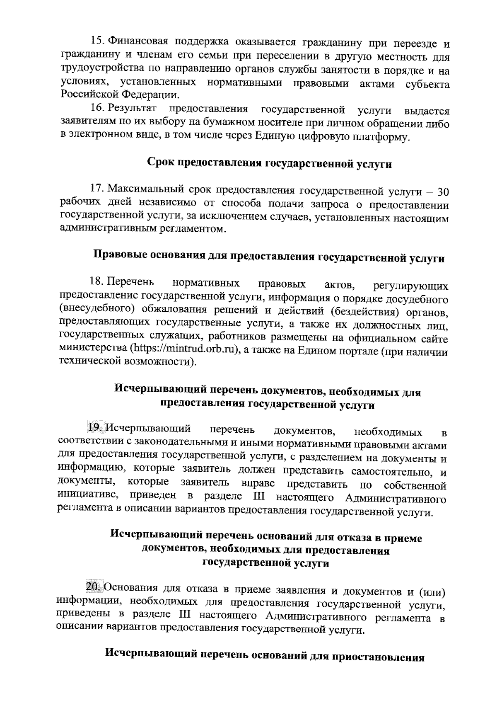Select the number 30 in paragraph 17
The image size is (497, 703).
443,192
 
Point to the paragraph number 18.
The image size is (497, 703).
96,282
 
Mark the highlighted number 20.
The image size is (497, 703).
93,587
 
